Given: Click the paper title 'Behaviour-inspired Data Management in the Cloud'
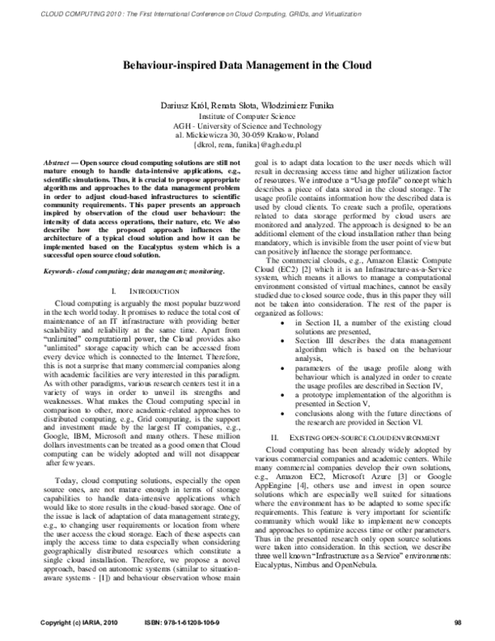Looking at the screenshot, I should tap(247, 65).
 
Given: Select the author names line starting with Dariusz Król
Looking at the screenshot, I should tap(247, 107).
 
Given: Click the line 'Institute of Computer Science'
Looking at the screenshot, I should tap(247, 117).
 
